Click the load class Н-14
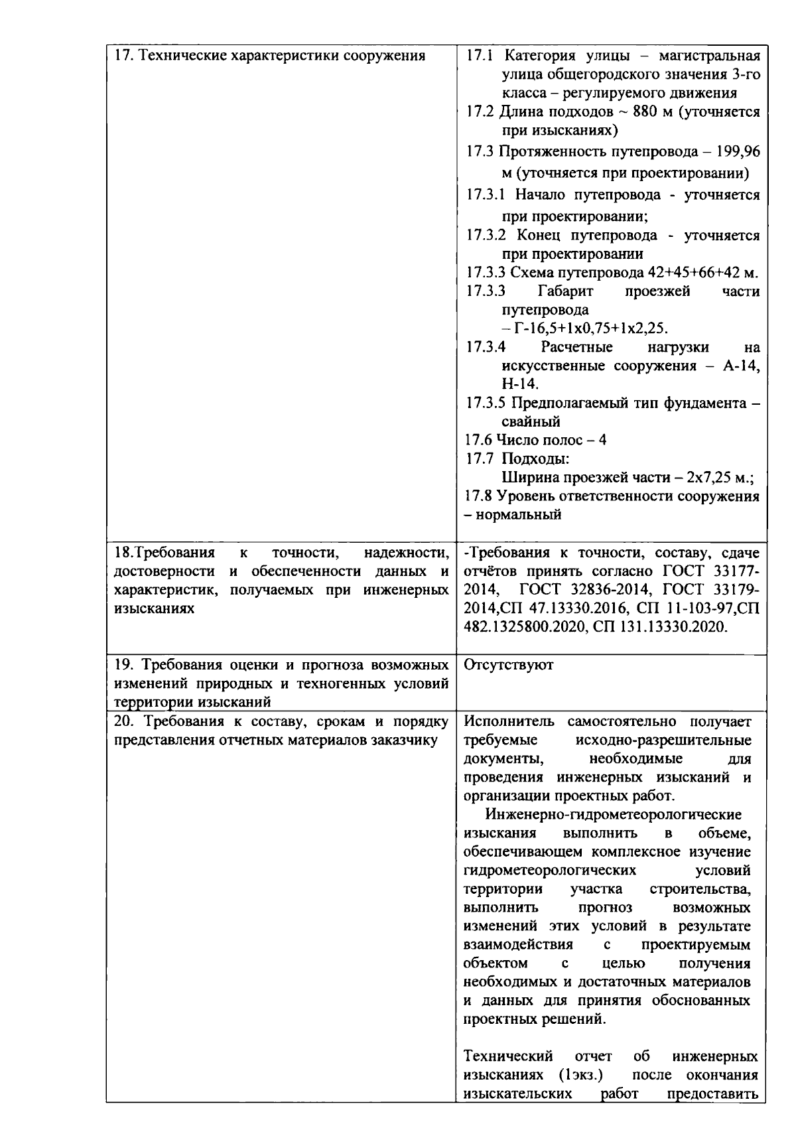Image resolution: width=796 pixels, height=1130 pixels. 520,384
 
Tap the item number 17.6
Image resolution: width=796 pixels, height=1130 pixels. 479,440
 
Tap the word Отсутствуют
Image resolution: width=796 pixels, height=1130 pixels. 508,665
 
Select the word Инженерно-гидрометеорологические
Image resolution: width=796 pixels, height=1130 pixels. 614,814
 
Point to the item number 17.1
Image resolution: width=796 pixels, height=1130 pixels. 479,55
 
